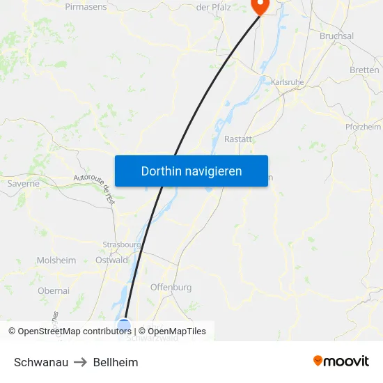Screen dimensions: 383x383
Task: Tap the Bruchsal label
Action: point(336,36)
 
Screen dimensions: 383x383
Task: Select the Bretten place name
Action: point(364,70)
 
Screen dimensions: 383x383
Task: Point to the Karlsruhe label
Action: point(287,82)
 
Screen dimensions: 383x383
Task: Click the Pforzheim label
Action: point(363,127)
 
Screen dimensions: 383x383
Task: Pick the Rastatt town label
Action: point(237,139)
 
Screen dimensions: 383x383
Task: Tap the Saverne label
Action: point(23,184)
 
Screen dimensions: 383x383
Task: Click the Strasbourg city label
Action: point(122,244)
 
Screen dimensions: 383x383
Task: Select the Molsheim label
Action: point(56,260)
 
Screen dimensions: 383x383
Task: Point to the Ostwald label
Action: point(111,260)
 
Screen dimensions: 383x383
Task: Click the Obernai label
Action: point(54,290)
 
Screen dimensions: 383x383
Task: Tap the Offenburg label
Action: point(171,287)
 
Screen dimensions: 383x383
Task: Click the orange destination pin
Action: point(259,6)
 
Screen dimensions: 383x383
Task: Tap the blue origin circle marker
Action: point(124,325)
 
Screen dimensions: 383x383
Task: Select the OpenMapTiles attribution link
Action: point(172,331)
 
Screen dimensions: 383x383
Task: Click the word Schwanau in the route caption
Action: point(41,362)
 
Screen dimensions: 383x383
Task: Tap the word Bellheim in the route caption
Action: point(116,362)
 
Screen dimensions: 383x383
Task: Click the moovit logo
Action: point(341,361)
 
